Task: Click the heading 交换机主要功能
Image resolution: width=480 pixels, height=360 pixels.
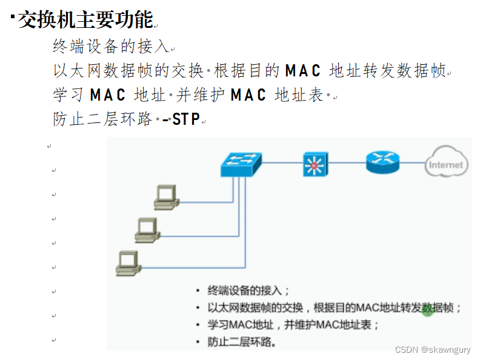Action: pos(85,19)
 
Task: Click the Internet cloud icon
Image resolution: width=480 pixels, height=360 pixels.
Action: pos(445,164)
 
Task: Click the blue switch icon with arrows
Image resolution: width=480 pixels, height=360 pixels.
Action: pos(241,164)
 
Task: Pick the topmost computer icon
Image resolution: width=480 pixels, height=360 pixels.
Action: pos(165,197)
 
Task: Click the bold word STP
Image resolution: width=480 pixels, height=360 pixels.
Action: pos(186,119)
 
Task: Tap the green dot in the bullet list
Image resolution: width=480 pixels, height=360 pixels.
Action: pos(427,311)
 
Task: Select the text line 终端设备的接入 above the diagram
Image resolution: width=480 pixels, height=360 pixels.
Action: pos(111,46)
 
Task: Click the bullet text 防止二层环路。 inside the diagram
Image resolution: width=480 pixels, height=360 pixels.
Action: pos(242,342)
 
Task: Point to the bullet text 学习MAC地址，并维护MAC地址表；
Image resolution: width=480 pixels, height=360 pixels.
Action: pos(293,324)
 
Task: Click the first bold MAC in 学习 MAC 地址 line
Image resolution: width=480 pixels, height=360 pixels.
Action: pos(107,95)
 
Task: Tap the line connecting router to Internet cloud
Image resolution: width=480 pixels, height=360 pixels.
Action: pos(413,163)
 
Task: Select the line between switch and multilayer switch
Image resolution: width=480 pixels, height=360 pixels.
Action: pos(282,163)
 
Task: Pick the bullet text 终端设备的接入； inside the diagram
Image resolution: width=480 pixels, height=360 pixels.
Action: pos(248,290)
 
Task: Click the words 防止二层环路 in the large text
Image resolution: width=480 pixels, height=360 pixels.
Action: pos(102,119)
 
